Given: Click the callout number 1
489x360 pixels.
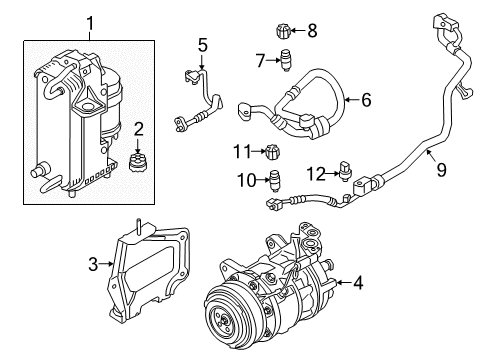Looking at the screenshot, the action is (x=90, y=24).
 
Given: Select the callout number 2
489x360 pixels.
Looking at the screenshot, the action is (x=139, y=129).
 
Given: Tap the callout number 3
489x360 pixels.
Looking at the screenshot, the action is (x=93, y=264).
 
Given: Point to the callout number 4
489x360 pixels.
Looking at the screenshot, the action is (x=358, y=283).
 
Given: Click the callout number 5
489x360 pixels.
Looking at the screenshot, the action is (x=203, y=45).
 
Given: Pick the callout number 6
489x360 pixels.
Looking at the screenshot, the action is (x=366, y=100).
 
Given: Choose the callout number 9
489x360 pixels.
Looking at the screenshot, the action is (x=441, y=170).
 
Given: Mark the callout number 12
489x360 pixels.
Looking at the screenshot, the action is (x=316, y=174).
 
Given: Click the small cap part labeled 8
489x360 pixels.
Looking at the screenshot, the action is (x=283, y=31).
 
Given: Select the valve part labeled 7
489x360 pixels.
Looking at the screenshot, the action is (x=285, y=60).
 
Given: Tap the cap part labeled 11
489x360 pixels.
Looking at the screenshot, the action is (x=273, y=152).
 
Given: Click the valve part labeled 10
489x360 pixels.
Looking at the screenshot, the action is (x=275, y=181).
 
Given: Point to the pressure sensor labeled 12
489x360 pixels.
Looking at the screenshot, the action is (x=345, y=171).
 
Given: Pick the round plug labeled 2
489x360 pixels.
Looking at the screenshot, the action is (x=136, y=163).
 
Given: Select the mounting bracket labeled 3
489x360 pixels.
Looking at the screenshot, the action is (x=148, y=270).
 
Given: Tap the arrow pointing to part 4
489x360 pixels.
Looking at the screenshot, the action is (x=344, y=283).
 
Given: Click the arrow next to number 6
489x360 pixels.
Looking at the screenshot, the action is (x=351, y=99).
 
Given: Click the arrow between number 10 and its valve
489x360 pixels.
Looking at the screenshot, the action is (x=262, y=180).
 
